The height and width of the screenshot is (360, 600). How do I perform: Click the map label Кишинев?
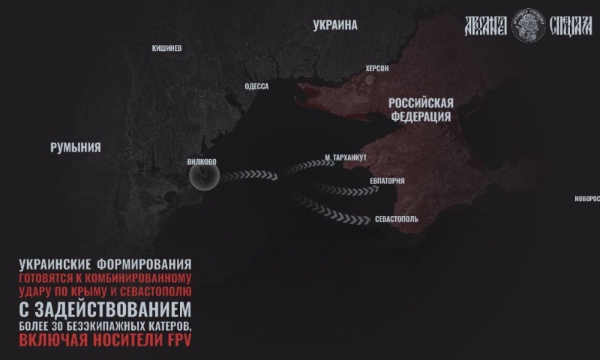(x=166, y=48)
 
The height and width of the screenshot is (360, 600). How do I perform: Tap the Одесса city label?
(x=256, y=86)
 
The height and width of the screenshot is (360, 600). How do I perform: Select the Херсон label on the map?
(x=376, y=68)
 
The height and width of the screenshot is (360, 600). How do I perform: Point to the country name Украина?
(x=335, y=25)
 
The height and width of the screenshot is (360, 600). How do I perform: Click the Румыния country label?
(x=75, y=147)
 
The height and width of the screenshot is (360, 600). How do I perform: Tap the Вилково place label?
(x=202, y=160)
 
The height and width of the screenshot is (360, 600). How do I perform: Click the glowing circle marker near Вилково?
(x=204, y=178)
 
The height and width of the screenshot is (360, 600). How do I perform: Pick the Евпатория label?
(x=387, y=181)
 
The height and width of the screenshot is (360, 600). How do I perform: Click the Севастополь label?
(x=397, y=220)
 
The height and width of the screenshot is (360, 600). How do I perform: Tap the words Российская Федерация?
(x=421, y=109)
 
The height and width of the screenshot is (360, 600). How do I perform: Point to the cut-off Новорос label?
(x=586, y=198)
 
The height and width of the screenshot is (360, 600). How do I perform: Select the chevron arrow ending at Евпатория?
(x=342, y=188)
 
